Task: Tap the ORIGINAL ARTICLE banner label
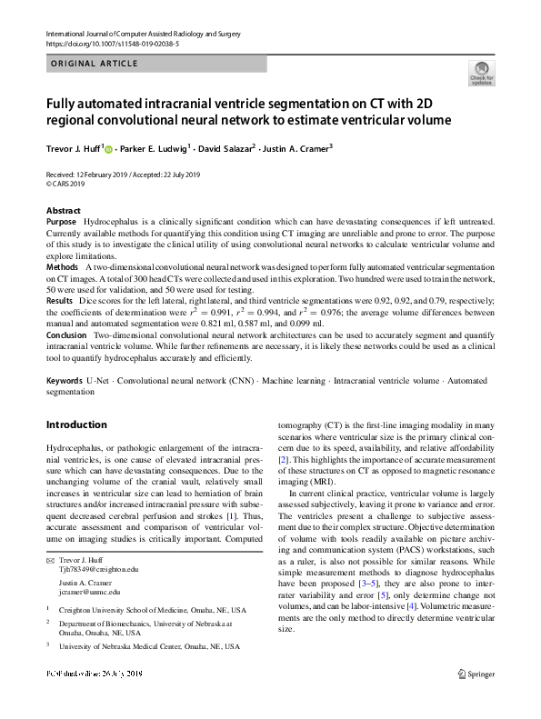(95, 64)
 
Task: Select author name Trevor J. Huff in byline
(75, 148)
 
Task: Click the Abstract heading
(63, 211)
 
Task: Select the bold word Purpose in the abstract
(61, 222)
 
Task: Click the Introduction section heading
(76, 424)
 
